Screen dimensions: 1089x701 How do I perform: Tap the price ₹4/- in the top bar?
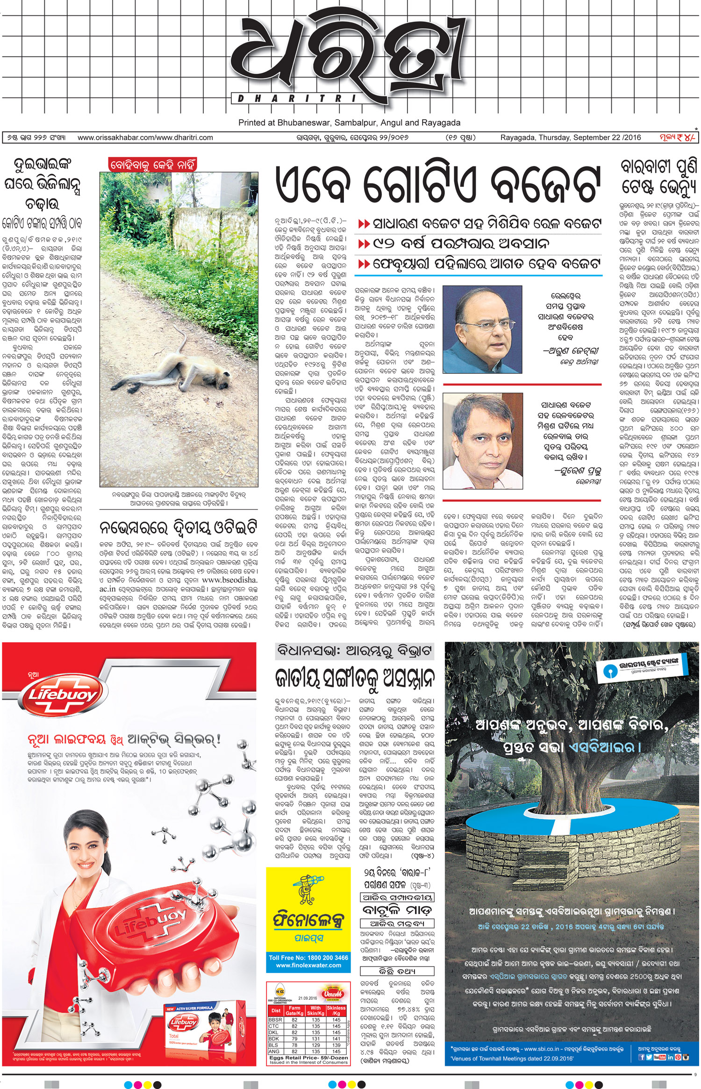677,137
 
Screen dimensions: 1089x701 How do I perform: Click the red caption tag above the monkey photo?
152,165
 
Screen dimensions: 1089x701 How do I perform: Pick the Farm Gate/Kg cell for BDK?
294,1039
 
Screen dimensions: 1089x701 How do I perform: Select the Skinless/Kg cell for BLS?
336,1045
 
